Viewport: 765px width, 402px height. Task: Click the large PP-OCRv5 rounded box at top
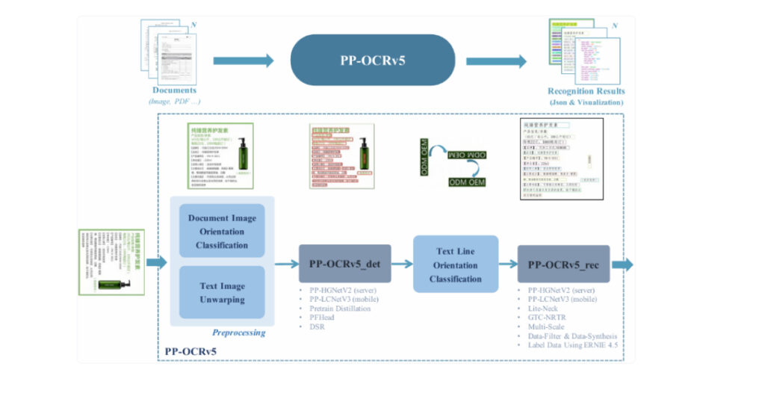pos(373,61)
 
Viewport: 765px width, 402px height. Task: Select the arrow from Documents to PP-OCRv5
pos(244,61)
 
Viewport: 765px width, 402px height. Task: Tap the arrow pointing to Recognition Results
pos(496,61)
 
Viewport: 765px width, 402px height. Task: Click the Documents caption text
pos(174,90)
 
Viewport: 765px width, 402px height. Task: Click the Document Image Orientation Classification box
pos(222,232)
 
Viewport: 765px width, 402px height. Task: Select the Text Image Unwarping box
pos(222,293)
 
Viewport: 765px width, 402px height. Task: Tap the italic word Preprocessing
pos(238,333)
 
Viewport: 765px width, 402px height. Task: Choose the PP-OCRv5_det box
pos(344,264)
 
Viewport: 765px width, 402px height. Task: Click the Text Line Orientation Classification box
pos(456,265)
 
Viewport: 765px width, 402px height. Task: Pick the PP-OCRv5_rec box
pos(563,264)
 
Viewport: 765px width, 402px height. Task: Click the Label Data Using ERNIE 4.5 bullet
pos(572,345)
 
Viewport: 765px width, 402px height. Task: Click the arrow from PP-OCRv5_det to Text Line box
pos(402,264)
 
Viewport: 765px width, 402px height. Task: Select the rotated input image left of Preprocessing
pos(111,262)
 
